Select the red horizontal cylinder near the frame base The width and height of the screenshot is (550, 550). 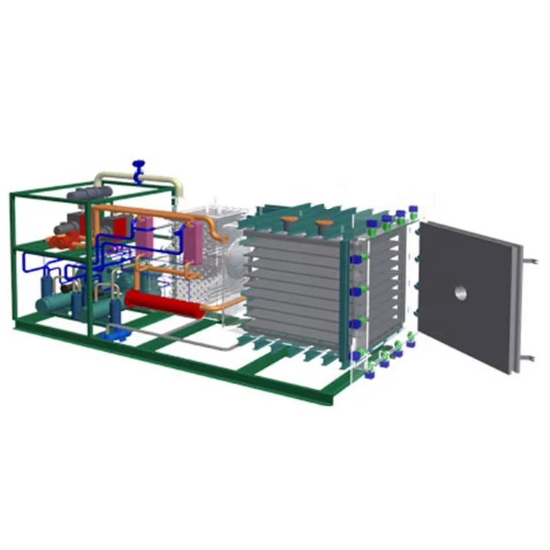click(164, 302)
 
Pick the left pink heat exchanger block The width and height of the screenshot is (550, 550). click(145, 227)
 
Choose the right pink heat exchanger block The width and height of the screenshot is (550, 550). click(194, 241)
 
